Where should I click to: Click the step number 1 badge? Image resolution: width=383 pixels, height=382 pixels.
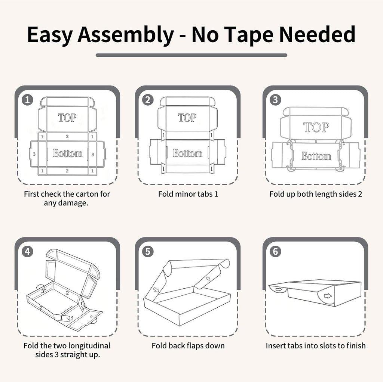(x=27, y=100)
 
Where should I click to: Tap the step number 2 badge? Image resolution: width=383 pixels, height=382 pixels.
(x=147, y=100)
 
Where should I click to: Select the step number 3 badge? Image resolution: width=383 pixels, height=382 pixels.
(x=275, y=100)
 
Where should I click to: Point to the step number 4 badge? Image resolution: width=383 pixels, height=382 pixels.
(x=27, y=251)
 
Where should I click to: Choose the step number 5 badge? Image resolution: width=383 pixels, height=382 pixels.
(x=147, y=251)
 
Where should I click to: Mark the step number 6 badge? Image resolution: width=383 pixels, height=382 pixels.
(x=275, y=251)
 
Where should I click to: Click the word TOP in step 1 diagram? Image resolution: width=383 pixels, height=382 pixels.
(x=67, y=118)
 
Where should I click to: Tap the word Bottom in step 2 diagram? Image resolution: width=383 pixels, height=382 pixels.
(x=187, y=153)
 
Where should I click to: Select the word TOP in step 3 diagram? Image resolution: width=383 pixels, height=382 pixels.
(x=316, y=127)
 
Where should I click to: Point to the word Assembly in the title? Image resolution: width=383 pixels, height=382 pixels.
(x=126, y=35)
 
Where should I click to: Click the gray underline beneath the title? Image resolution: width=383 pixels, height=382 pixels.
(x=191, y=55)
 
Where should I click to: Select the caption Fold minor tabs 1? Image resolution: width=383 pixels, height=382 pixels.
(x=188, y=194)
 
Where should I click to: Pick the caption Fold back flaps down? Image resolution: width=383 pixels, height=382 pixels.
(x=188, y=346)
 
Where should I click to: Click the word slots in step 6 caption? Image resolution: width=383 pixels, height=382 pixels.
(x=335, y=346)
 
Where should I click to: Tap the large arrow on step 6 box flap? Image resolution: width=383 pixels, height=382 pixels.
(x=328, y=296)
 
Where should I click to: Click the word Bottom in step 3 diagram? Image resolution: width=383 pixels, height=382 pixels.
(x=316, y=156)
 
